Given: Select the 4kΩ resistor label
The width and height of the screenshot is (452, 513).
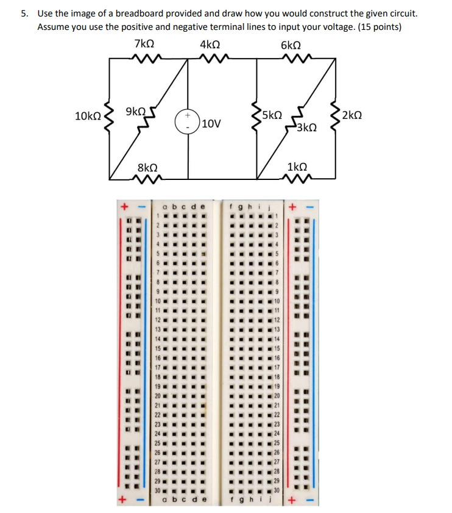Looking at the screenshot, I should point(210,45).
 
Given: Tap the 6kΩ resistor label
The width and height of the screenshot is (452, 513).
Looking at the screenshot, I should point(292,45).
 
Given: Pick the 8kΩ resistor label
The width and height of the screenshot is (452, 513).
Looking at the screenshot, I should point(147,167).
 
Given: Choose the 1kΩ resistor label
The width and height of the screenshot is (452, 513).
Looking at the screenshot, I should point(297,167).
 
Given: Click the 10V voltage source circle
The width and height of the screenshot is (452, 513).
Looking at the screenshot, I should point(188,120).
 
